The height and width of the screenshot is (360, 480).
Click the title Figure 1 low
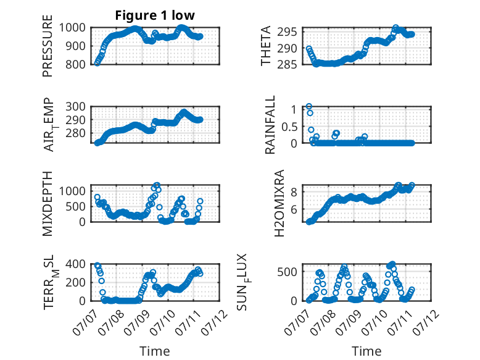coord(155,15)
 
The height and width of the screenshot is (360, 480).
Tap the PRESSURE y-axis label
coord(48,46)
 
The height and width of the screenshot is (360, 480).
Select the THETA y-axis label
coord(266,46)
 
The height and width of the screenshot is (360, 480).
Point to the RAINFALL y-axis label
coord(270,125)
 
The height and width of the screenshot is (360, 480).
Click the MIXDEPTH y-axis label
coord(48,204)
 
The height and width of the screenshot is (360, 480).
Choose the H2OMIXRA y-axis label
coord(279,203)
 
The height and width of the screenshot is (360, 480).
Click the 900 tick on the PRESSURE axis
coord(75,46)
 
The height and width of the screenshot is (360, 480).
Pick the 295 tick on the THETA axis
coord(287,31)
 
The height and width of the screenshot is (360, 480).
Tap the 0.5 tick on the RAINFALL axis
coord(289,126)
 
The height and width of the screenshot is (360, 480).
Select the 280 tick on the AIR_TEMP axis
coord(75,133)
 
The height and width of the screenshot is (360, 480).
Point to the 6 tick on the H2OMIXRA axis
coord(294,209)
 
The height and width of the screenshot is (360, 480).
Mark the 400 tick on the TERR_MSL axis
coord(75,264)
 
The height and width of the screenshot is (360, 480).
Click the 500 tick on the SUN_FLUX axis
coord(287,272)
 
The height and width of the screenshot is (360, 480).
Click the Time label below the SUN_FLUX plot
coord(366,351)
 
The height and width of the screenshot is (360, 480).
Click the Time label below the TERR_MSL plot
coord(155,351)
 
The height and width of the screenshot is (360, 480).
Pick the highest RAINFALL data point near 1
coord(309,106)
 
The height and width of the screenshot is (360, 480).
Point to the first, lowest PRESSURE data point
coord(97,63)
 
